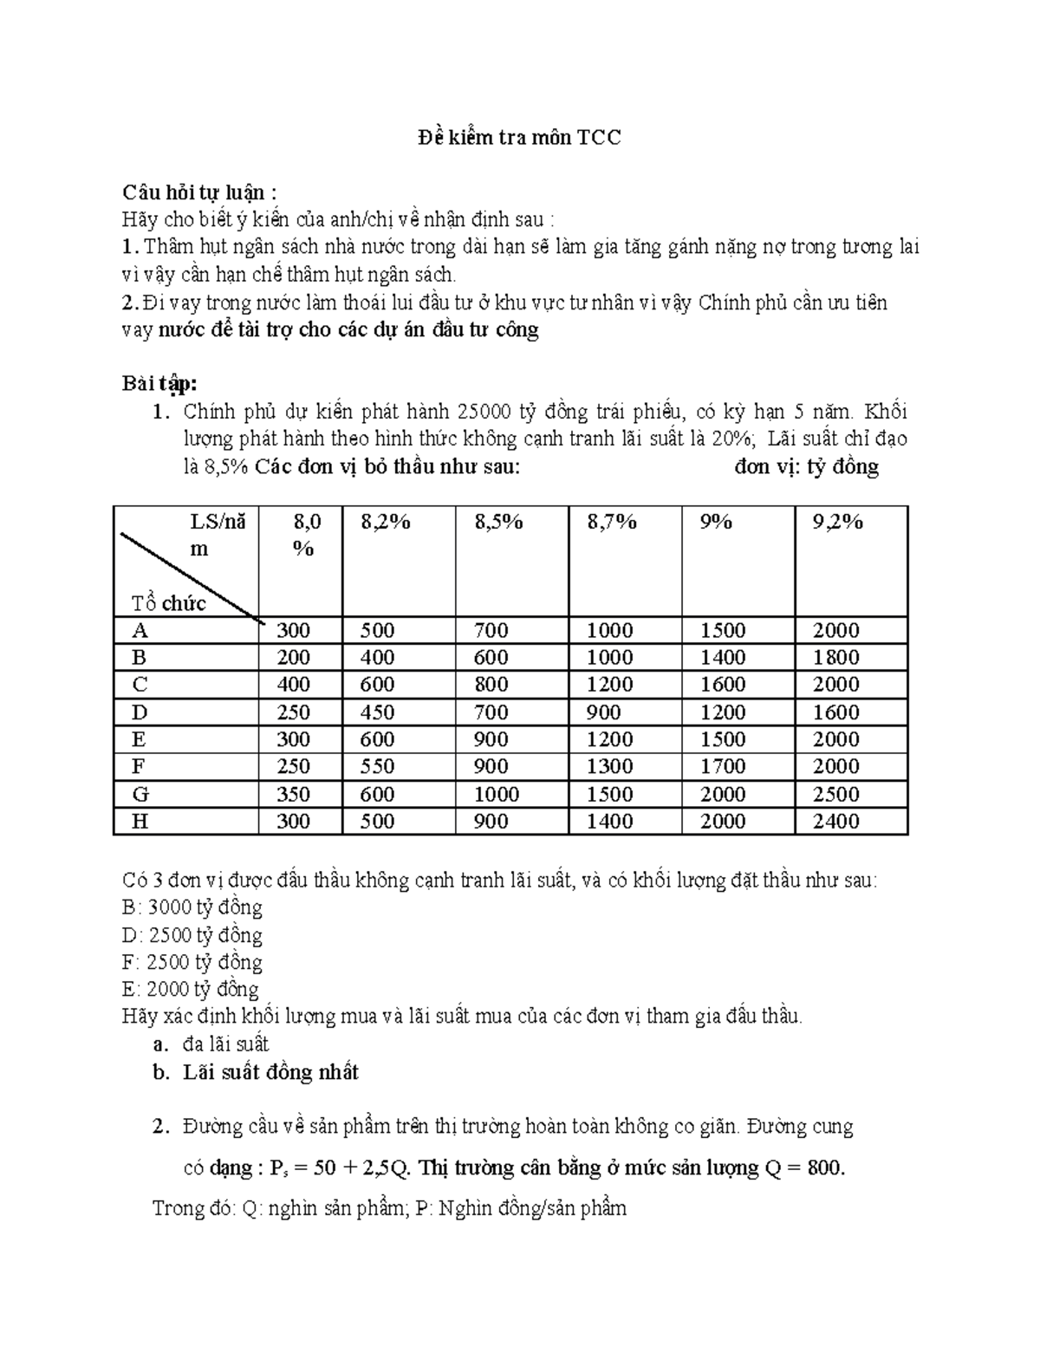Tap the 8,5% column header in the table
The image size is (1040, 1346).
pyautogui.click(x=498, y=522)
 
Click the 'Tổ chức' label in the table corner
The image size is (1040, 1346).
pyautogui.click(x=168, y=603)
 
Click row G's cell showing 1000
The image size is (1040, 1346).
pyautogui.click(x=497, y=794)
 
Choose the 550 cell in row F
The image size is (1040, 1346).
pyautogui.click(x=377, y=766)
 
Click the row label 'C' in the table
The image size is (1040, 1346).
pyautogui.click(x=140, y=685)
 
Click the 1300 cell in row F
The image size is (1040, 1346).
pyautogui.click(x=609, y=766)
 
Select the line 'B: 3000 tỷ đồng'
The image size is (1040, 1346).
pyautogui.click(x=193, y=907)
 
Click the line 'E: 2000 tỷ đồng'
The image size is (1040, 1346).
pyautogui.click(x=192, y=989)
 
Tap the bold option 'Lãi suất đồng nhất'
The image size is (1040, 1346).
pyautogui.click(x=270, y=1072)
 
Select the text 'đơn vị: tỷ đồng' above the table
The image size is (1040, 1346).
pyautogui.click(x=806, y=467)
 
